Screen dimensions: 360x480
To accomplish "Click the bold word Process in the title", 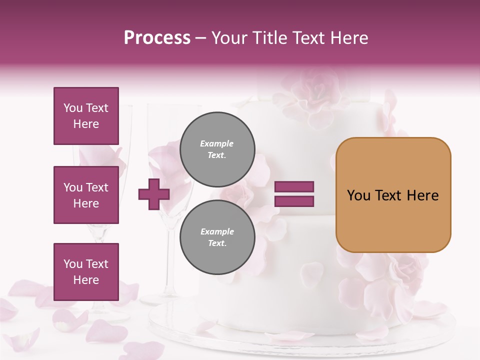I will click(x=157, y=38).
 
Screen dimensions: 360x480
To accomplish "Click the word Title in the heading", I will click(x=270, y=38).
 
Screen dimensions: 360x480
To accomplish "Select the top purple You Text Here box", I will click(x=86, y=116).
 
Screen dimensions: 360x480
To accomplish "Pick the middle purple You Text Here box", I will click(x=86, y=195).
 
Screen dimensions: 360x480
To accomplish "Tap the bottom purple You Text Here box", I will click(x=86, y=272).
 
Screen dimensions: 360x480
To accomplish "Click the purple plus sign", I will click(x=154, y=194).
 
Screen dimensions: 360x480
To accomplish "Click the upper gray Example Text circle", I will click(x=217, y=149).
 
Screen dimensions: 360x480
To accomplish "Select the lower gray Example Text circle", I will click(x=217, y=237).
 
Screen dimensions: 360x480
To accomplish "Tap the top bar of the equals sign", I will click(x=294, y=187).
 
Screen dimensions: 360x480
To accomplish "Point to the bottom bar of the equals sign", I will click(x=294, y=201).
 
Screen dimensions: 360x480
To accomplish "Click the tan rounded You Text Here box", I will click(x=393, y=195).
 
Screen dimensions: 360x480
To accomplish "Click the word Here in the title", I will click(x=349, y=38).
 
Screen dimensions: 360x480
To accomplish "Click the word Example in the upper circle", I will click(x=217, y=143).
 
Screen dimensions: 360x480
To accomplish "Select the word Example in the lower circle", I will click(x=217, y=231).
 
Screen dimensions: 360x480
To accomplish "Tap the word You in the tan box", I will click(x=358, y=195).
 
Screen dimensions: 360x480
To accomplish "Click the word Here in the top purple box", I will click(x=86, y=124).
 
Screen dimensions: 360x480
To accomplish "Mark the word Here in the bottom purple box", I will click(x=86, y=280).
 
